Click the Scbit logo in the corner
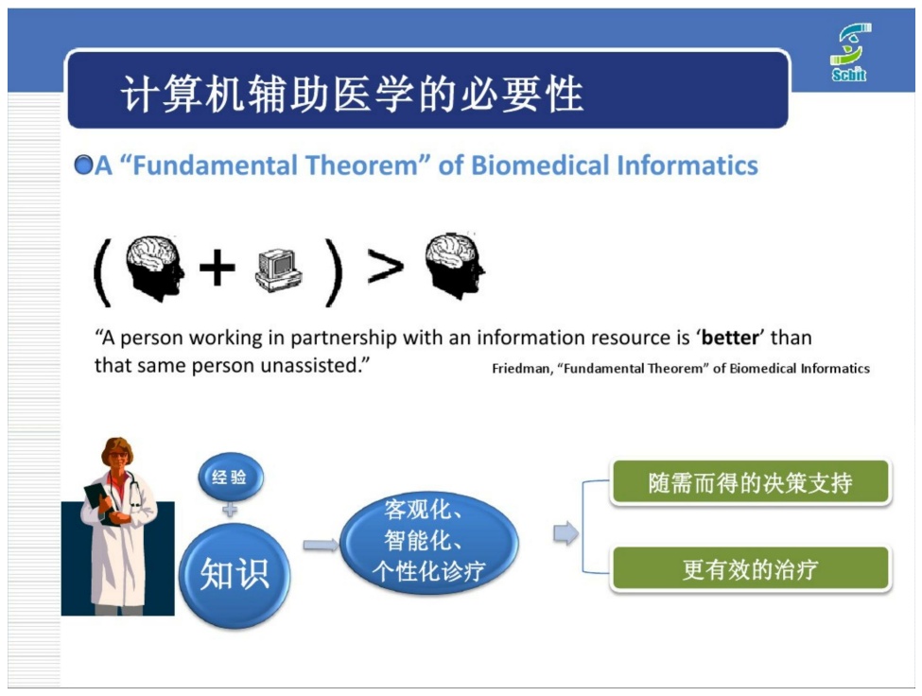(x=850, y=52)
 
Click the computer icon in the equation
(x=279, y=270)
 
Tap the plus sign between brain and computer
(x=217, y=268)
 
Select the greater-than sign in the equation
(x=385, y=267)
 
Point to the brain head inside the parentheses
(x=155, y=268)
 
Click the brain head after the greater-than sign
(x=455, y=266)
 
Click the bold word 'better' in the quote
(x=730, y=338)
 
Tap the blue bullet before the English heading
(x=83, y=165)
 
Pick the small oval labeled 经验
(x=230, y=477)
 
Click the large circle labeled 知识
(x=235, y=575)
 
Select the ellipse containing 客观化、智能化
(x=429, y=542)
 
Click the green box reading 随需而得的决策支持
(x=750, y=482)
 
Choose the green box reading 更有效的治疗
(x=750, y=569)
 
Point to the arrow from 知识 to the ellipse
(x=321, y=545)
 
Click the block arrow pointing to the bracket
(x=565, y=533)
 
